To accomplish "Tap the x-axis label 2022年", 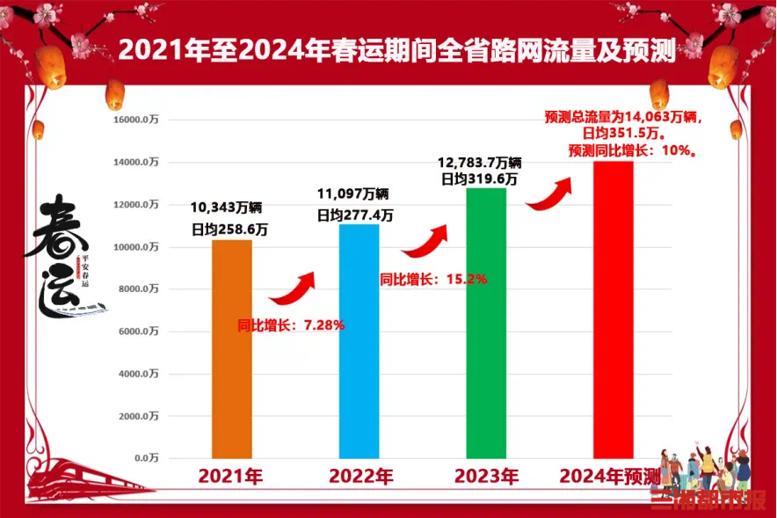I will (360, 477).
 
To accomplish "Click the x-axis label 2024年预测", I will (610, 477).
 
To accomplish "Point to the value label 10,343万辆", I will (227, 208).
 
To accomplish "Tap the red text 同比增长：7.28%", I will (291, 325).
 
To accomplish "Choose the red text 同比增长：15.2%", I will (433, 279).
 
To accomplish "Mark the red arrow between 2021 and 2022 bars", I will (291, 288).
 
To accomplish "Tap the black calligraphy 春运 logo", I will (63, 255).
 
